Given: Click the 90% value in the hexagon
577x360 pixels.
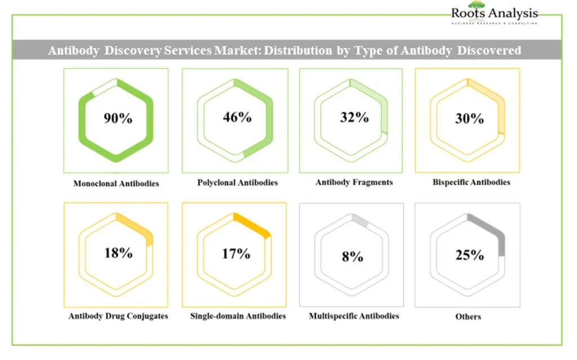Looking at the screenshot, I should [118, 118].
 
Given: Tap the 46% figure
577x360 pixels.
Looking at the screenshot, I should [237, 117].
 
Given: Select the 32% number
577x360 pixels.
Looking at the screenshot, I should [354, 117].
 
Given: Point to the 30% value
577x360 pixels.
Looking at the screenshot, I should [469, 118].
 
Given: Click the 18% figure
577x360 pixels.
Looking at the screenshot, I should [118, 252].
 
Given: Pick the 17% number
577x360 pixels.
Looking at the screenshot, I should [236, 254].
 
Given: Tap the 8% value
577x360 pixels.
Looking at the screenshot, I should [352, 256].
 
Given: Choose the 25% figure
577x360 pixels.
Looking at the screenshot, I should [469, 255].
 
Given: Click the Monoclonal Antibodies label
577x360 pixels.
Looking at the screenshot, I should [116, 184].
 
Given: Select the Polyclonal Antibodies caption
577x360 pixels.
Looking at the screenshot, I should [237, 183].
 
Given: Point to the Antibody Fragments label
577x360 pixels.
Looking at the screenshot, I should [354, 183].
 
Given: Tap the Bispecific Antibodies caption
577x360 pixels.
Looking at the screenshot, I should [471, 182].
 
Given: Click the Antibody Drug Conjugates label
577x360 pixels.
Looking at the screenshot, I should [118, 316].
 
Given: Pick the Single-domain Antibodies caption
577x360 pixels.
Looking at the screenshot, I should [238, 315].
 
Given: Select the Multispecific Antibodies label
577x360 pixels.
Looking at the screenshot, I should [354, 316].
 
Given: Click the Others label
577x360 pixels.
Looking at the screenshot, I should [468, 317].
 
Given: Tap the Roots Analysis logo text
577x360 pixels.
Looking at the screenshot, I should [494, 12].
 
